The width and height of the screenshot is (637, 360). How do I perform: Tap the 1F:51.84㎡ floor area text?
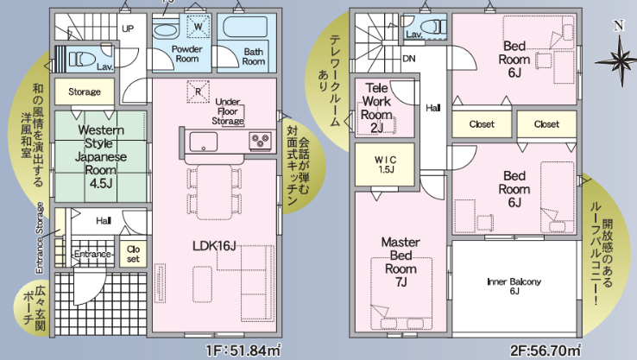tap(243, 351)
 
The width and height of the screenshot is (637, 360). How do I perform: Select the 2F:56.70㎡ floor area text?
tap(546, 351)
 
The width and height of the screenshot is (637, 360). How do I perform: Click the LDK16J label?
tap(214, 246)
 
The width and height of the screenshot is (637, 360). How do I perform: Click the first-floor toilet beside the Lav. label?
tap(83, 60)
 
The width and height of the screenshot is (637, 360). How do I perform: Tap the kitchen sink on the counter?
tap(203, 142)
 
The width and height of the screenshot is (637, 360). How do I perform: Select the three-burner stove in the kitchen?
tap(261, 141)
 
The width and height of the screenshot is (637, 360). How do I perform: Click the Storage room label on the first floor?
tap(85, 92)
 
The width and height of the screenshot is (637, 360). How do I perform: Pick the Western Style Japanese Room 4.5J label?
tap(101, 156)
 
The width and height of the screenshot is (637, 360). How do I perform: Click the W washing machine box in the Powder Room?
tap(199, 27)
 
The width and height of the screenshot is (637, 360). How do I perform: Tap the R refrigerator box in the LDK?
tap(199, 92)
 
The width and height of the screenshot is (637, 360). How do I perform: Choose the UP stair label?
tap(128, 28)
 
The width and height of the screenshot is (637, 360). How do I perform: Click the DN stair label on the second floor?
tap(408, 59)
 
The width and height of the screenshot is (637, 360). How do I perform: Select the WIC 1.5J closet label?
tap(385, 165)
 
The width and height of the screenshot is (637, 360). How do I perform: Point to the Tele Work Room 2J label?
tap(376, 108)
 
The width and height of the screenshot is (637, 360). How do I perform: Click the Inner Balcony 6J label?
tap(514, 286)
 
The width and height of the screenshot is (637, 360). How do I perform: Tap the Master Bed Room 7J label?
tap(400, 262)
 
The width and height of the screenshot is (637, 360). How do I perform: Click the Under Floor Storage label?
tap(228, 111)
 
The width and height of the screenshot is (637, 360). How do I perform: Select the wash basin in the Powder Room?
tap(167, 30)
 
